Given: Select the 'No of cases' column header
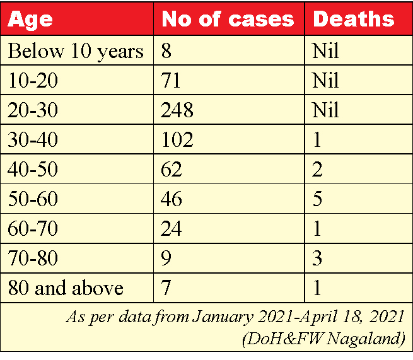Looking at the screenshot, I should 228,19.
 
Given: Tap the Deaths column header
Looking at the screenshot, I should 353,19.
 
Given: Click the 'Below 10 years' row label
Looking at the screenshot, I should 76,51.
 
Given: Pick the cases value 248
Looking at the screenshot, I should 177,110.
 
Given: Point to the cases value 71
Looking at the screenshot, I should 172,81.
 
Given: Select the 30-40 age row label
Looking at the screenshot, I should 33,140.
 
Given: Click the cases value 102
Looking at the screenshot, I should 177,140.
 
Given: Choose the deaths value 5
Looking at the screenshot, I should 318,199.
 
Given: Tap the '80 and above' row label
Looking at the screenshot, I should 66,288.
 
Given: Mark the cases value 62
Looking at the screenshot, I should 172,170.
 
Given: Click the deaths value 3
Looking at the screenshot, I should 318,258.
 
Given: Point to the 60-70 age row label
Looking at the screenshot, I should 33,229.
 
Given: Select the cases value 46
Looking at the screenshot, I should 172,199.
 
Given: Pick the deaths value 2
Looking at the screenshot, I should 318,170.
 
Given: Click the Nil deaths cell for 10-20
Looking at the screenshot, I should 325,81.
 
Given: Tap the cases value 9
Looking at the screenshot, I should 167,258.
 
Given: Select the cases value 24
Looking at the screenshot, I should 172,229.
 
